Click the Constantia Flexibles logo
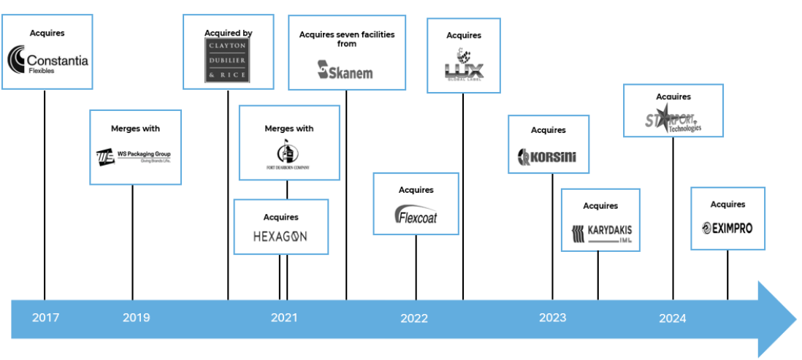[x=47, y=61]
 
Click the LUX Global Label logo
[x=464, y=65]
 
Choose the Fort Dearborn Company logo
[x=289, y=156]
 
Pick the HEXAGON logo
[x=280, y=236]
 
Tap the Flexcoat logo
[x=416, y=215]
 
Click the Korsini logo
[x=548, y=156]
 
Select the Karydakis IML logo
[x=600, y=233]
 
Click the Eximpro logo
[x=727, y=229]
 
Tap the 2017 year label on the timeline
[x=45, y=318]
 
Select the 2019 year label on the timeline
[x=136, y=318]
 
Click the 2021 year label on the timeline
[x=284, y=318]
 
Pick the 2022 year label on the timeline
[x=414, y=318]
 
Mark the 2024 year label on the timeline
[x=672, y=318]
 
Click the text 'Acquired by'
[x=228, y=32]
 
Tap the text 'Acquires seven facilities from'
[x=347, y=39]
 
